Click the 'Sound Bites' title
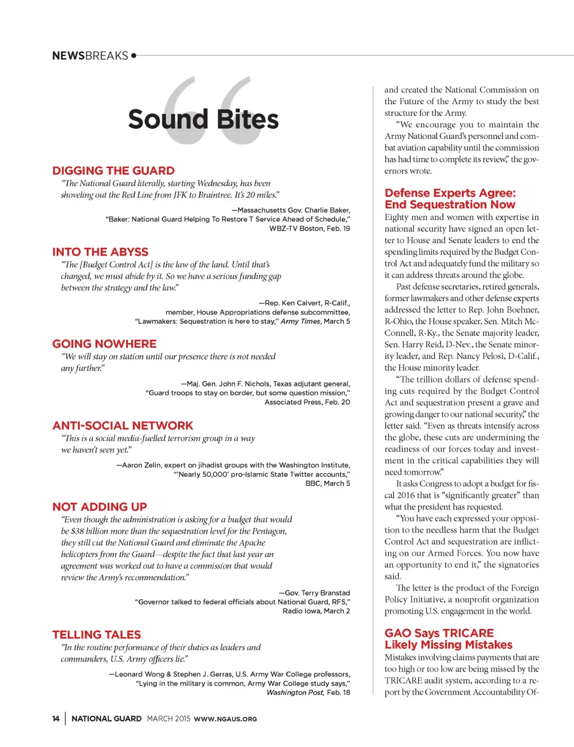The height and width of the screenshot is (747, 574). pyautogui.click(x=203, y=119)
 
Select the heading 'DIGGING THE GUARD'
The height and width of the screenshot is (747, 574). pyautogui.click(x=113, y=171)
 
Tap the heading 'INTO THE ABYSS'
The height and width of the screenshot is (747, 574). pyautogui.click(x=100, y=252)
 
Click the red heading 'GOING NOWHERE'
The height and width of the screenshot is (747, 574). pyautogui.click(x=104, y=344)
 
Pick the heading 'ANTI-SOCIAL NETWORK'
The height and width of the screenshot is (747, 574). pyautogui.click(x=123, y=426)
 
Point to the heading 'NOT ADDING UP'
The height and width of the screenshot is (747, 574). pyautogui.click(x=100, y=507)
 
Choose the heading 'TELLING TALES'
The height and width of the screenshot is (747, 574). pyautogui.click(x=96, y=634)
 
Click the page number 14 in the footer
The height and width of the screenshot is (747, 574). pyautogui.click(x=55, y=718)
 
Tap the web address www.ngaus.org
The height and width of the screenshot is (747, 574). pyautogui.click(x=225, y=719)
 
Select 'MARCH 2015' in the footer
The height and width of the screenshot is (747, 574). pyautogui.click(x=169, y=718)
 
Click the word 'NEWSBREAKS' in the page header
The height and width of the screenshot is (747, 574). pyautogui.click(x=90, y=55)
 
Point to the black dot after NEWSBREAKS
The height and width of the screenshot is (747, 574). pyautogui.click(x=133, y=55)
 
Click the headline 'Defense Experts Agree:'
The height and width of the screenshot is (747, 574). pyautogui.click(x=450, y=193)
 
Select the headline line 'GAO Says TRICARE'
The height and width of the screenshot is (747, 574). pyautogui.click(x=439, y=633)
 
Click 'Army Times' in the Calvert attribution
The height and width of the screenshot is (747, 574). pyautogui.click(x=300, y=321)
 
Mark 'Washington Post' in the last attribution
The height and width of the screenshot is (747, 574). pyautogui.click(x=295, y=693)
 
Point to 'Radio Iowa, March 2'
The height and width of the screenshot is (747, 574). pyautogui.click(x=316, y=611)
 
